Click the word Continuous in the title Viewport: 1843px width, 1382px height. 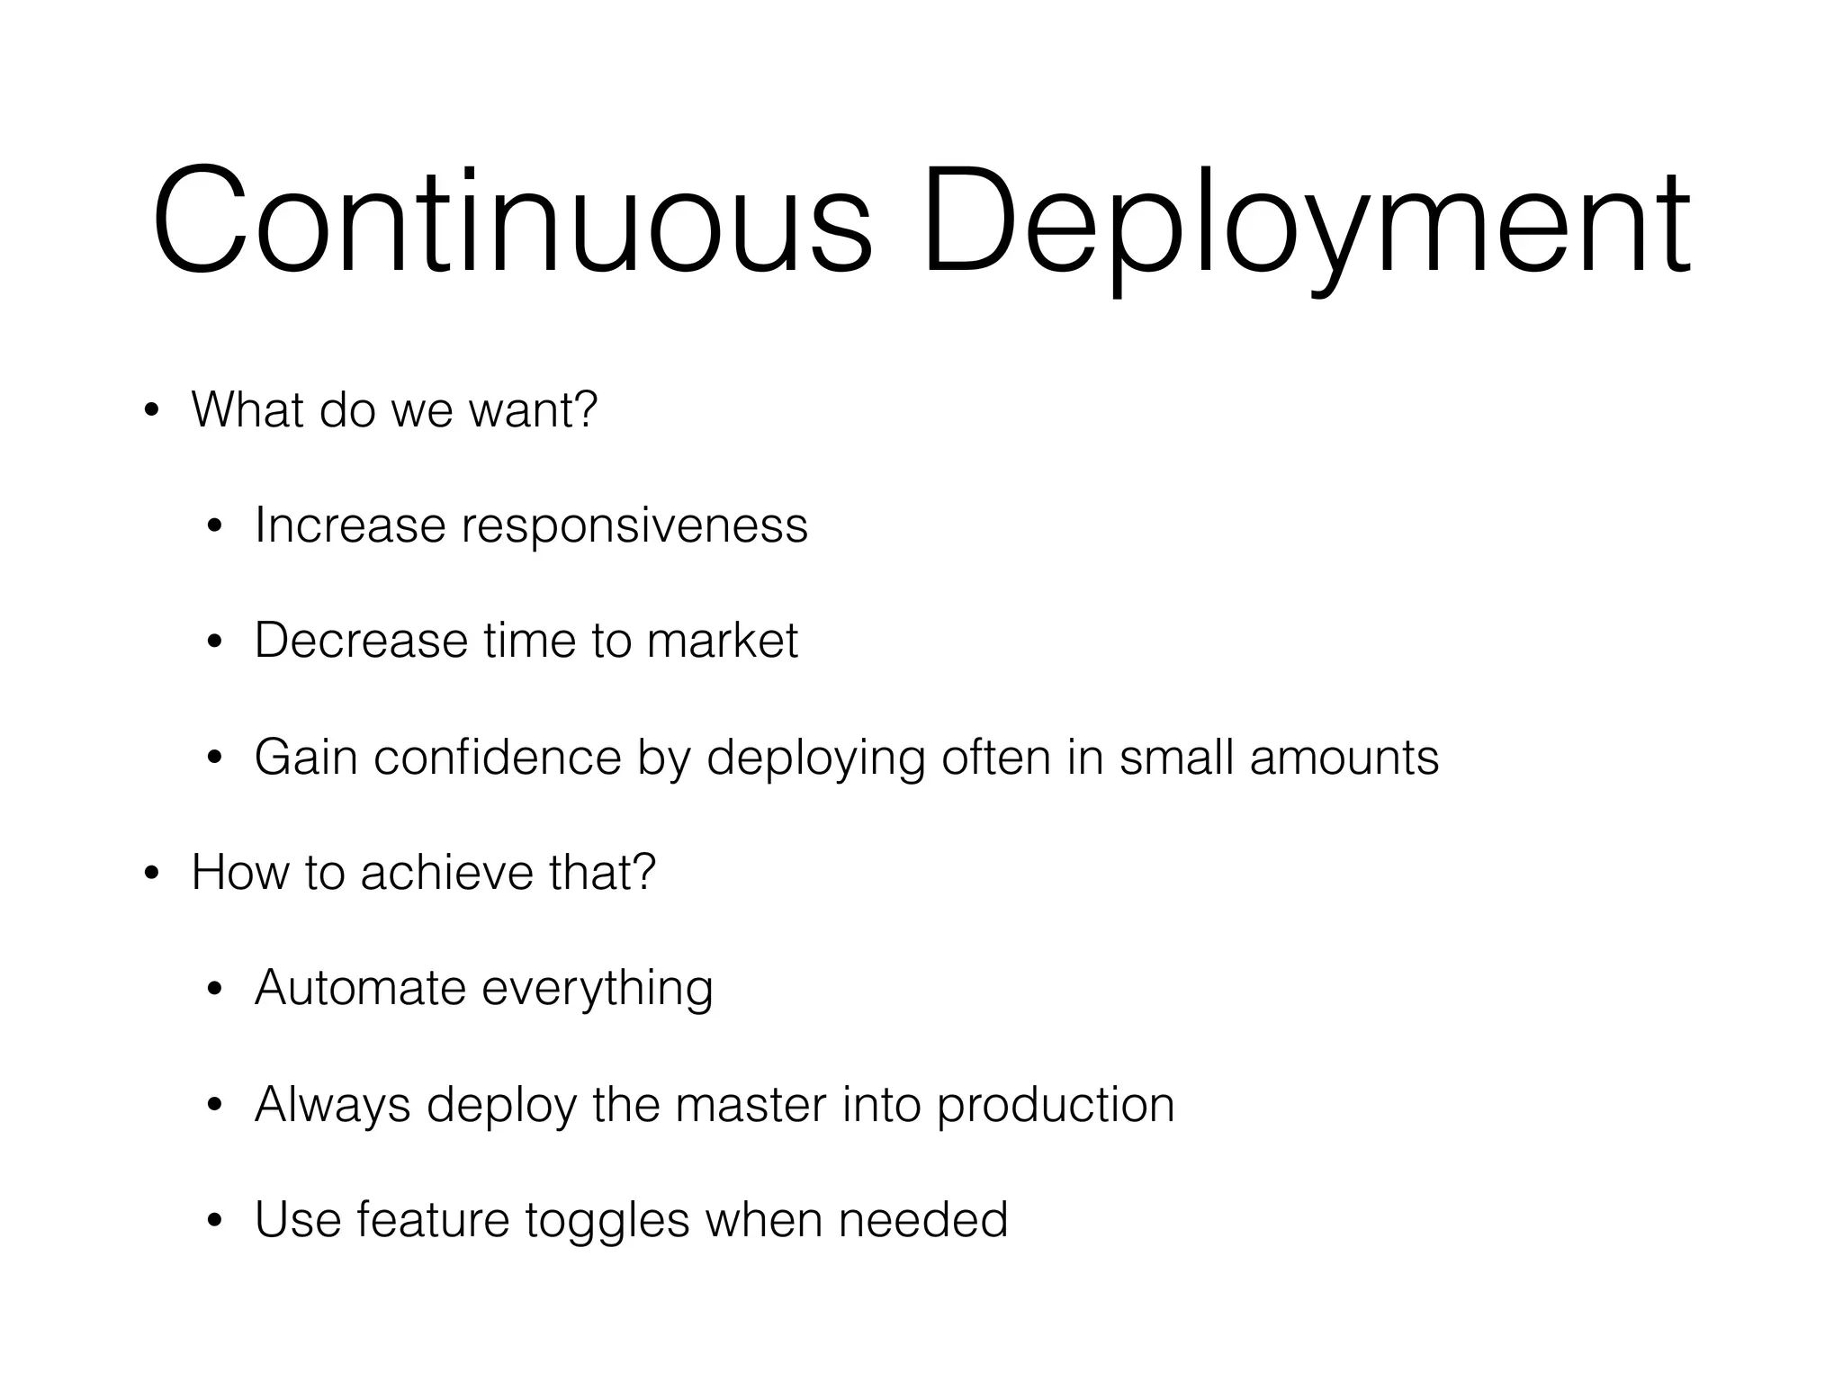[x=512, y=220]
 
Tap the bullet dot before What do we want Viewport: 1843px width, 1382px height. [x=152, y=413]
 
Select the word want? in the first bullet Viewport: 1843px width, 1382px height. [x=534, y=410]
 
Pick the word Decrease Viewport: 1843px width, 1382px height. [x=360, y=641]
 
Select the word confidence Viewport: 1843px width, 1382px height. [x=497, y=757]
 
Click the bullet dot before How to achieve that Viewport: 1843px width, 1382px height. [x=152, y=875]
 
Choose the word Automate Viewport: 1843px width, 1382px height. [x=360, y=988]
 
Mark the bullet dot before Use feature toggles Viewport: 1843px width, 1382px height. [x=214, y=1223]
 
